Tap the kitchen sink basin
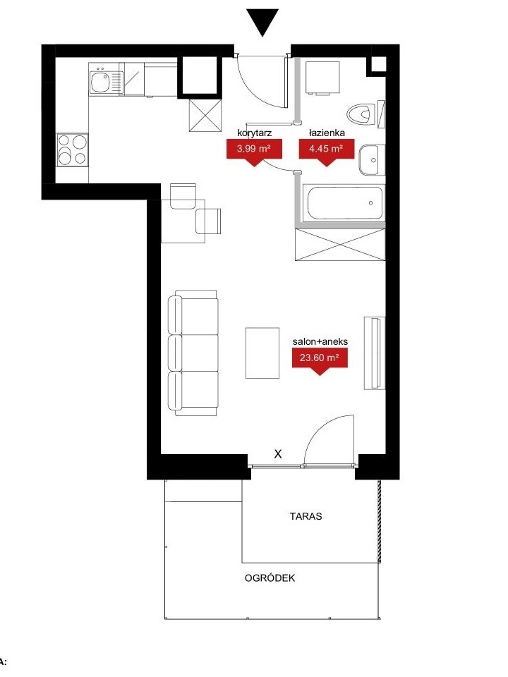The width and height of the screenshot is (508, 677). click(x=100, y=82)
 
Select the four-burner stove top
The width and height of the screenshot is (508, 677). click(x=72, y=150)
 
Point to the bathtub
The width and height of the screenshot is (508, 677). click(x=344, y=203)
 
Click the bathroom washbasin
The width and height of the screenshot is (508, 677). click(x=371, y=160)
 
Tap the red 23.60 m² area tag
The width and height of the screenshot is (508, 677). click(x=320, y=361)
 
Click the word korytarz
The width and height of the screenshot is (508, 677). click(x=255, y=133)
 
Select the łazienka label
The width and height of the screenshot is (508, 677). click(x=327, y=133)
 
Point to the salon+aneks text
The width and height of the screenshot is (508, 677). click(x=320, y=341)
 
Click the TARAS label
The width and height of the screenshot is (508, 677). click(x=306, y=516)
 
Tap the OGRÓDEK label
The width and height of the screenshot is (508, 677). click(x=270, y=578)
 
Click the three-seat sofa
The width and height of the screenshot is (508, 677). click(x=193, y=353)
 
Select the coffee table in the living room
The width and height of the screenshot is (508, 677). click(x=262, y=353)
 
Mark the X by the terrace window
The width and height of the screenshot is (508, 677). click(x=278, y=453)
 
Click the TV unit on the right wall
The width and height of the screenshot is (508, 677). click(x=374, y=353)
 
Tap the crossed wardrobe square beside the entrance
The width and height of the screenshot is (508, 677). click(x=205, y=115)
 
